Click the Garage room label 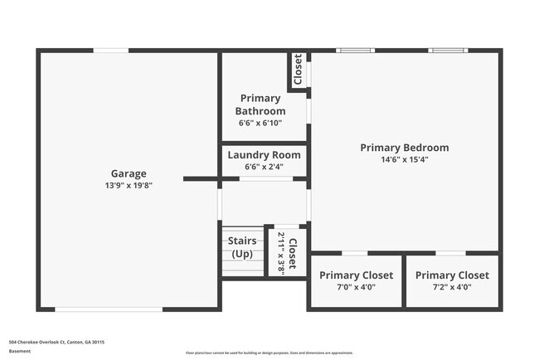pyautogui.click(x=129, y=173)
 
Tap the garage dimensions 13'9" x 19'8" pyautogui.click(x=129, y=185)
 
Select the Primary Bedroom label pyautogui.click(x=404, y=148)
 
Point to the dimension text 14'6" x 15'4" pyautogui.click(x=404, y=159)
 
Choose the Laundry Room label pyautogui.click(x=264, y=154)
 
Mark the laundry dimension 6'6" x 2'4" pyautogui.click(x=264, y=166)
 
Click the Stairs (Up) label pyautogui.click(x=242, y=247)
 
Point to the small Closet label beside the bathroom pyautogui.click(x=297, y=70)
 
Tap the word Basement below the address pyautogui.click(x=20, y=351)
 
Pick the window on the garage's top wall pyautogui.click(x=110, y=51)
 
